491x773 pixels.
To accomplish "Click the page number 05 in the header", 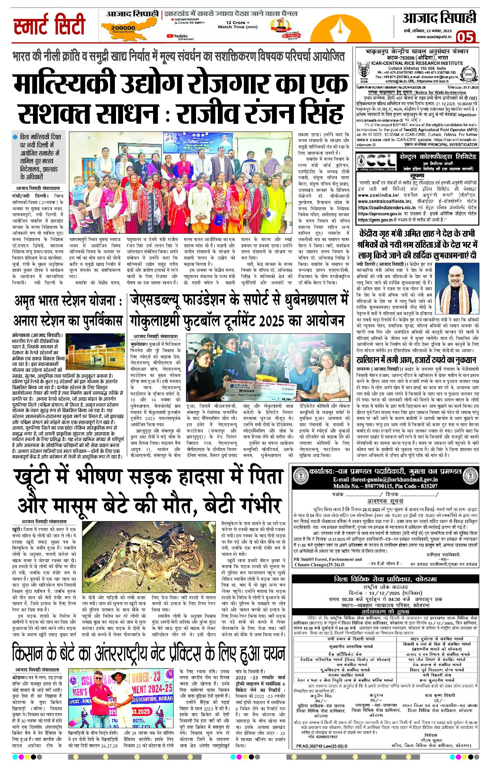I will click(x=466, y=37).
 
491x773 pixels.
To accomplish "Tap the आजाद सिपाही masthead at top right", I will click(x=439, y=18).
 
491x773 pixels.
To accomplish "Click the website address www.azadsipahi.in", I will click(x=434, y=36).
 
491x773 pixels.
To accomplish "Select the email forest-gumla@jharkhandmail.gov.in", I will click(x=385, y=480).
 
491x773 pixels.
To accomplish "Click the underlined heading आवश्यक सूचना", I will click(x=385, y=501).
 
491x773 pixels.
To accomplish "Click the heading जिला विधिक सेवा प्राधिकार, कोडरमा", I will click(x=385, y=579).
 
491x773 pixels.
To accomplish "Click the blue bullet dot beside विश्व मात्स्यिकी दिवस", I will click(x=15, y=137).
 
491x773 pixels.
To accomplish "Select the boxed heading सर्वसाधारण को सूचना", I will click(x=385, y=611).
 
